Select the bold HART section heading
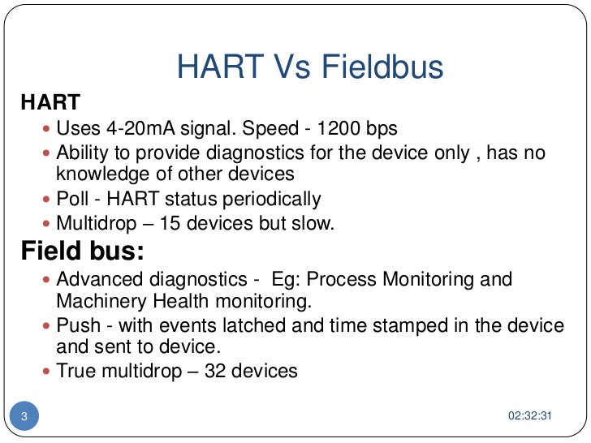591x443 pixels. click(x=50, y=103)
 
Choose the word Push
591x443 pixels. click(x=79, y=326)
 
